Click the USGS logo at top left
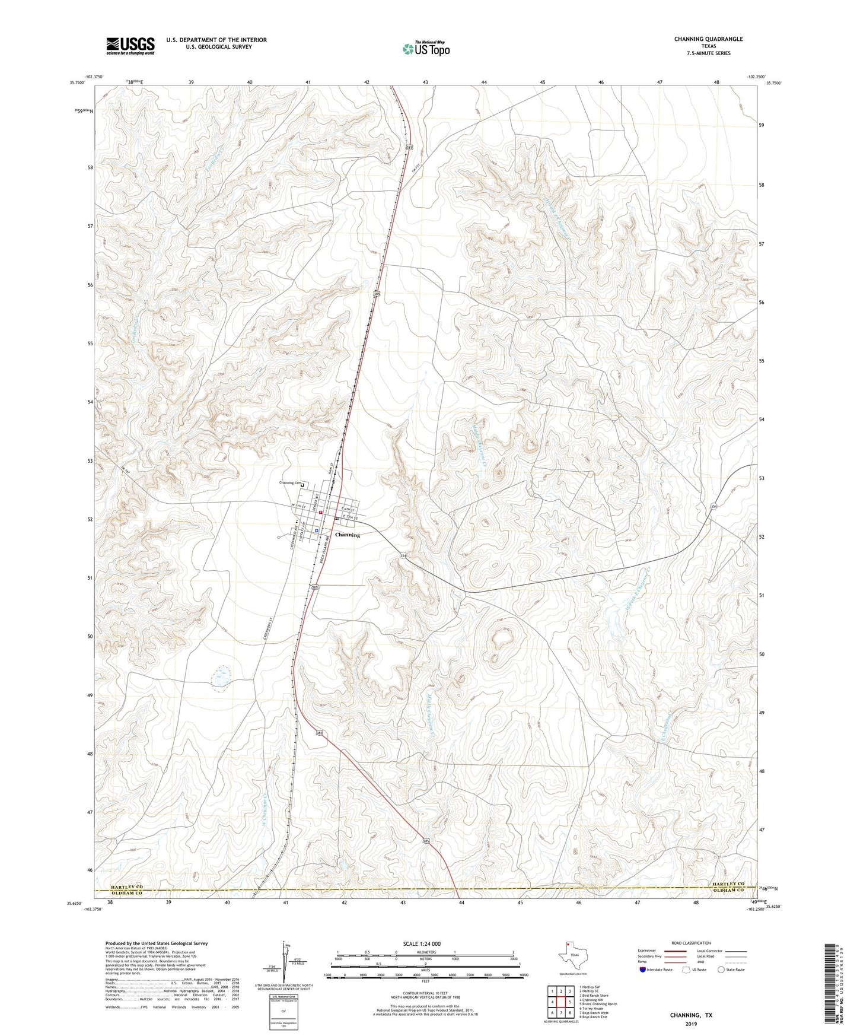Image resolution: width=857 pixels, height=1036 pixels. [x=130, y=46]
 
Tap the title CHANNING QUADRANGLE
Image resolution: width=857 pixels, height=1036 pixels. [x=708, y=39]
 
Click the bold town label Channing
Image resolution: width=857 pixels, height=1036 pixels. [x=348, y=535]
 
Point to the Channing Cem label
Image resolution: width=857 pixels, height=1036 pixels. [x=289, y=483]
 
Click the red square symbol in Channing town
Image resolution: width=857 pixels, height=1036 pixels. [x=320, y=513]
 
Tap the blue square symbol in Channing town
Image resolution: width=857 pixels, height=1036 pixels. [x=317, y=530]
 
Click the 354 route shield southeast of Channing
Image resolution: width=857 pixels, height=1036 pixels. [x=403, y=556]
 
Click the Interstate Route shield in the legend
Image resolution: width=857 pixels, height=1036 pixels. [x=643, y=970]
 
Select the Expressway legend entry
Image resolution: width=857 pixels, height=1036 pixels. [x=647, y=951]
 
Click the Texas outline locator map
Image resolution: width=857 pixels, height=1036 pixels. [x=572, y=955]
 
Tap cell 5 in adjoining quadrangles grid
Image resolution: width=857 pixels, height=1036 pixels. [x=569, y=1002]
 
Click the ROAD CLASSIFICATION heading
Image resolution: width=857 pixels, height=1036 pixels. [x=690, y=943]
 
